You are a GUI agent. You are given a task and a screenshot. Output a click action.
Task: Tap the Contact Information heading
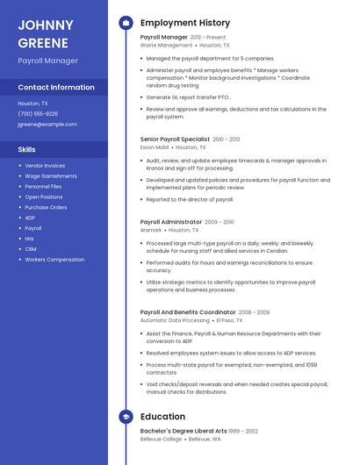click(56, 88)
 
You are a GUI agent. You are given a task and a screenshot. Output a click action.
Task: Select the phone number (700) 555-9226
click(38, 113)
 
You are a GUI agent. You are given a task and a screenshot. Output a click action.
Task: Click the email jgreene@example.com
click(41, 125)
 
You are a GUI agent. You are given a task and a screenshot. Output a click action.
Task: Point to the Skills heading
click(27, 150)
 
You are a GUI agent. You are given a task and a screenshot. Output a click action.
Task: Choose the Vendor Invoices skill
click(45, 166)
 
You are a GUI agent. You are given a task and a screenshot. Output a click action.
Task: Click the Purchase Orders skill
click(46, 208)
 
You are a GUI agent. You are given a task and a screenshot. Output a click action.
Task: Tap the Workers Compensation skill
click(54, 260)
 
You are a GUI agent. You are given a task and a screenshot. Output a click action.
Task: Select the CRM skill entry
click(31, 249)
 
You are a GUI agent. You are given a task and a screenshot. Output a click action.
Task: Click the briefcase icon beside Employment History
click(125, 23)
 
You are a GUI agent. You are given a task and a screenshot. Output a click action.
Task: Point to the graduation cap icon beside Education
click(125, 417)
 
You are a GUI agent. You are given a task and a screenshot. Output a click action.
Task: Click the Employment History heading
click(184, 23)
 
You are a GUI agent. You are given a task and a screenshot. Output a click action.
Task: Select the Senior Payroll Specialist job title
click(175, 139)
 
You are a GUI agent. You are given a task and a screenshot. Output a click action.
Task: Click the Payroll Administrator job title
click(170, 222)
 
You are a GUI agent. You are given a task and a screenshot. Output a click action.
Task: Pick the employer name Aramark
click(151, 230)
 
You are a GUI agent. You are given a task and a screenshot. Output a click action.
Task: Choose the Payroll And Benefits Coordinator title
click(187, 312)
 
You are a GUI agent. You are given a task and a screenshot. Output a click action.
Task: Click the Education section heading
click(162, 417)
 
